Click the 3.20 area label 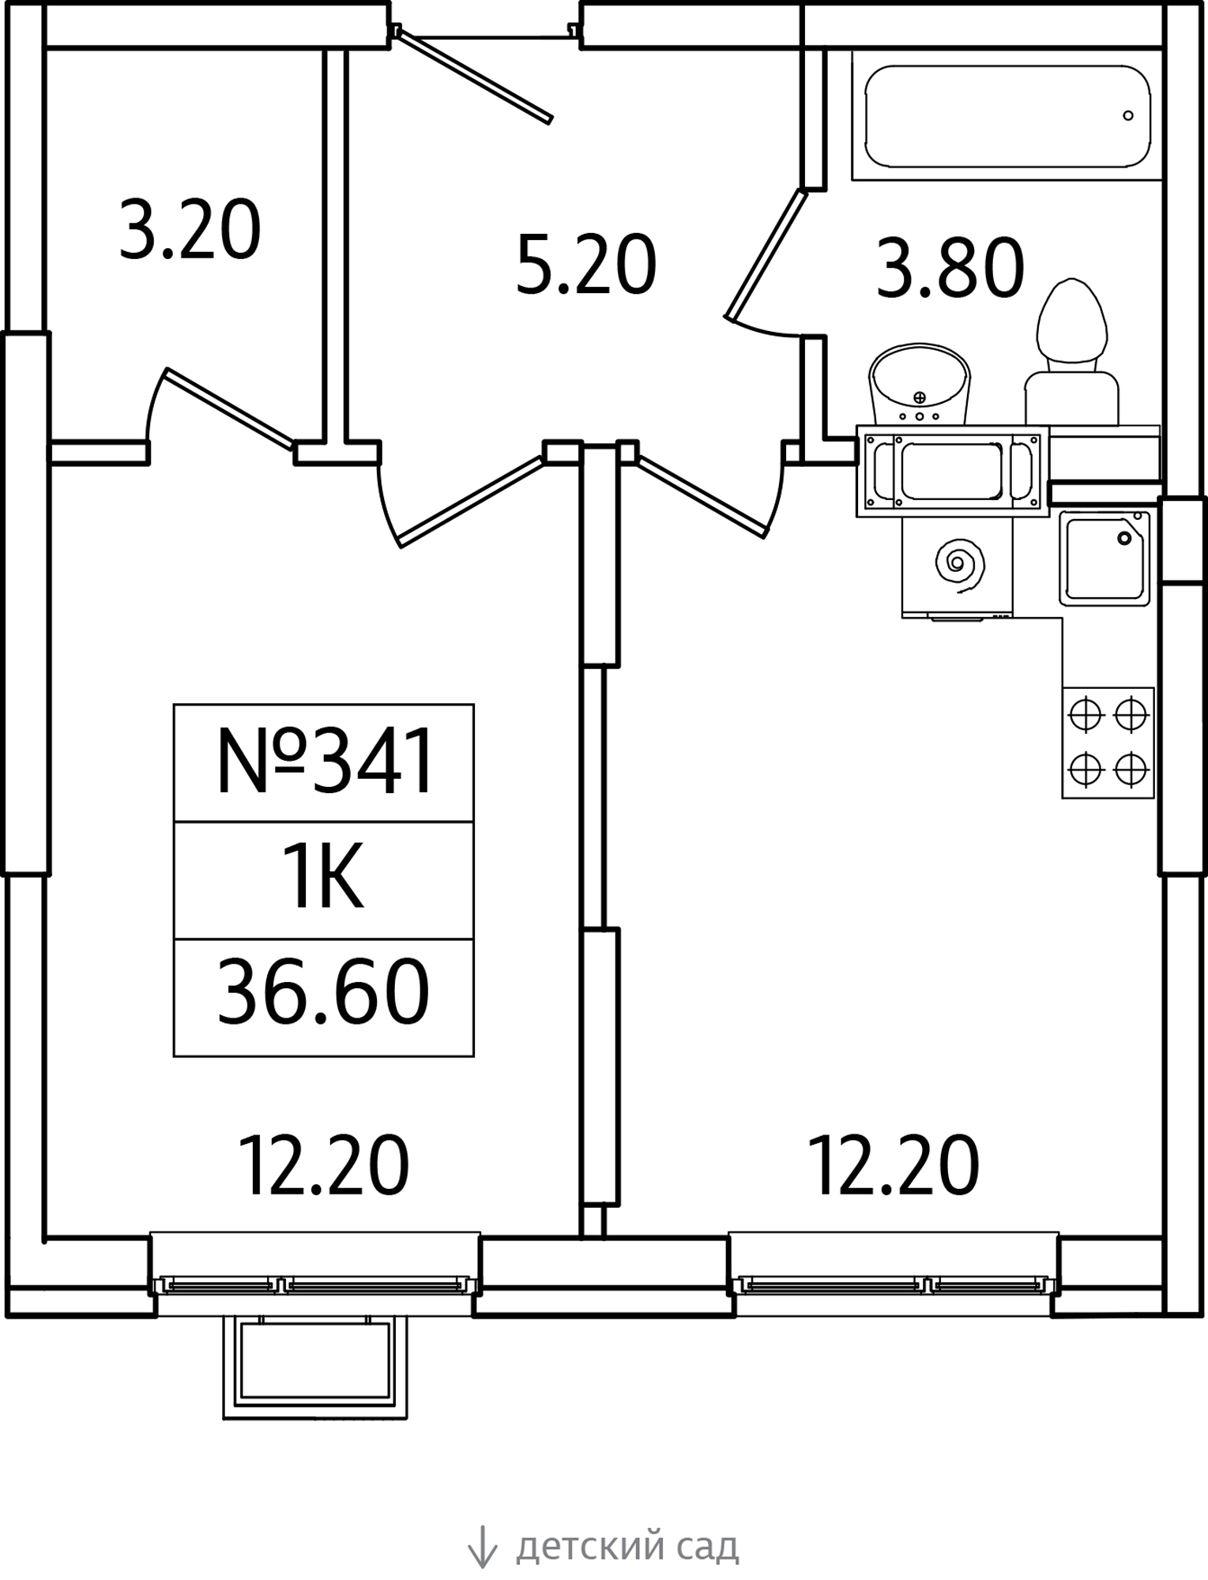190,230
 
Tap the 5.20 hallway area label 586,265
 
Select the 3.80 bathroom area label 950,269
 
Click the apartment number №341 325,762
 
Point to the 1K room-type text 325,878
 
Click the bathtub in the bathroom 1007,116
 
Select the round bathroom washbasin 919,385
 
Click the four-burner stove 1108,743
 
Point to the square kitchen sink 1105,559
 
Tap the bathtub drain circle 1128,116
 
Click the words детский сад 627,1546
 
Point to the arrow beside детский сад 481,1546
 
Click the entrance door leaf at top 473,76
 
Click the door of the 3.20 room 229,408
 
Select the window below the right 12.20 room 894,1285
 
